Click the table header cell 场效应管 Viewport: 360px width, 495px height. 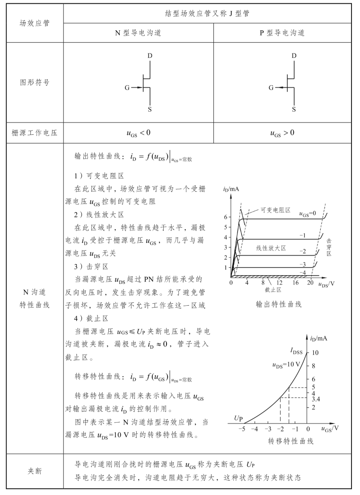(x=34, y=23)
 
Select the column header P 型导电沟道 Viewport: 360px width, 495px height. (x=282, y=33)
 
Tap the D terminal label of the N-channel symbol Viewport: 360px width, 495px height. (x=150, y=56)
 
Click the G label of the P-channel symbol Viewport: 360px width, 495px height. (x=271, y=88)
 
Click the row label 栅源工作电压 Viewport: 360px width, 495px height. (x=34, y=133)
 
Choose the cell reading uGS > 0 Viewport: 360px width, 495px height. (x=282, y=133)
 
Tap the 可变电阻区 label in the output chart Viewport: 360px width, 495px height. (x=275, y=209)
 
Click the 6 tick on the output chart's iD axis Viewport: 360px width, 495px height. (x=226, y=217)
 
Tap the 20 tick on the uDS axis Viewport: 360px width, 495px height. (x=310, y=283)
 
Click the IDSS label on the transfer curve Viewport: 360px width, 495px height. (x=297, y=351)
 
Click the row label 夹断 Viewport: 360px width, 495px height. (x=34, y=471)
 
